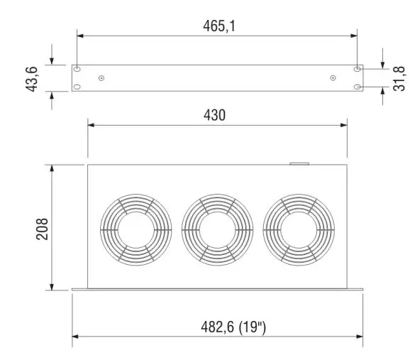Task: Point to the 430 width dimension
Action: pos(217,114)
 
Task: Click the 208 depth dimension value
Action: pos(43,229)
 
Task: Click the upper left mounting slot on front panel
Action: pos(77,70)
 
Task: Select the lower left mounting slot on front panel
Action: pos(77,87)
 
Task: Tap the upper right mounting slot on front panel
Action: pos(357,70)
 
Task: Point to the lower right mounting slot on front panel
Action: pos(357,87)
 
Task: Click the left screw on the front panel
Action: pos(101,78)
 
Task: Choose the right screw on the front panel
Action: pos(333,78)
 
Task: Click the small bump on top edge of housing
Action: pos(297,164)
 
